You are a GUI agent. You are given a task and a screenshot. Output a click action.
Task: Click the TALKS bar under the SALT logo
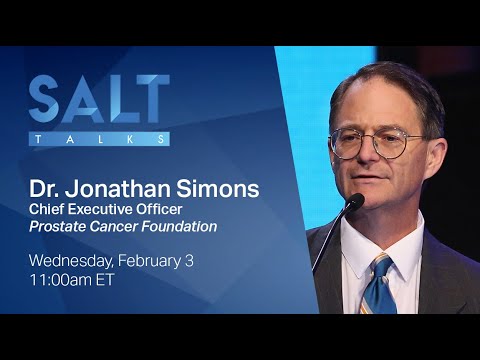coord(99,139)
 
